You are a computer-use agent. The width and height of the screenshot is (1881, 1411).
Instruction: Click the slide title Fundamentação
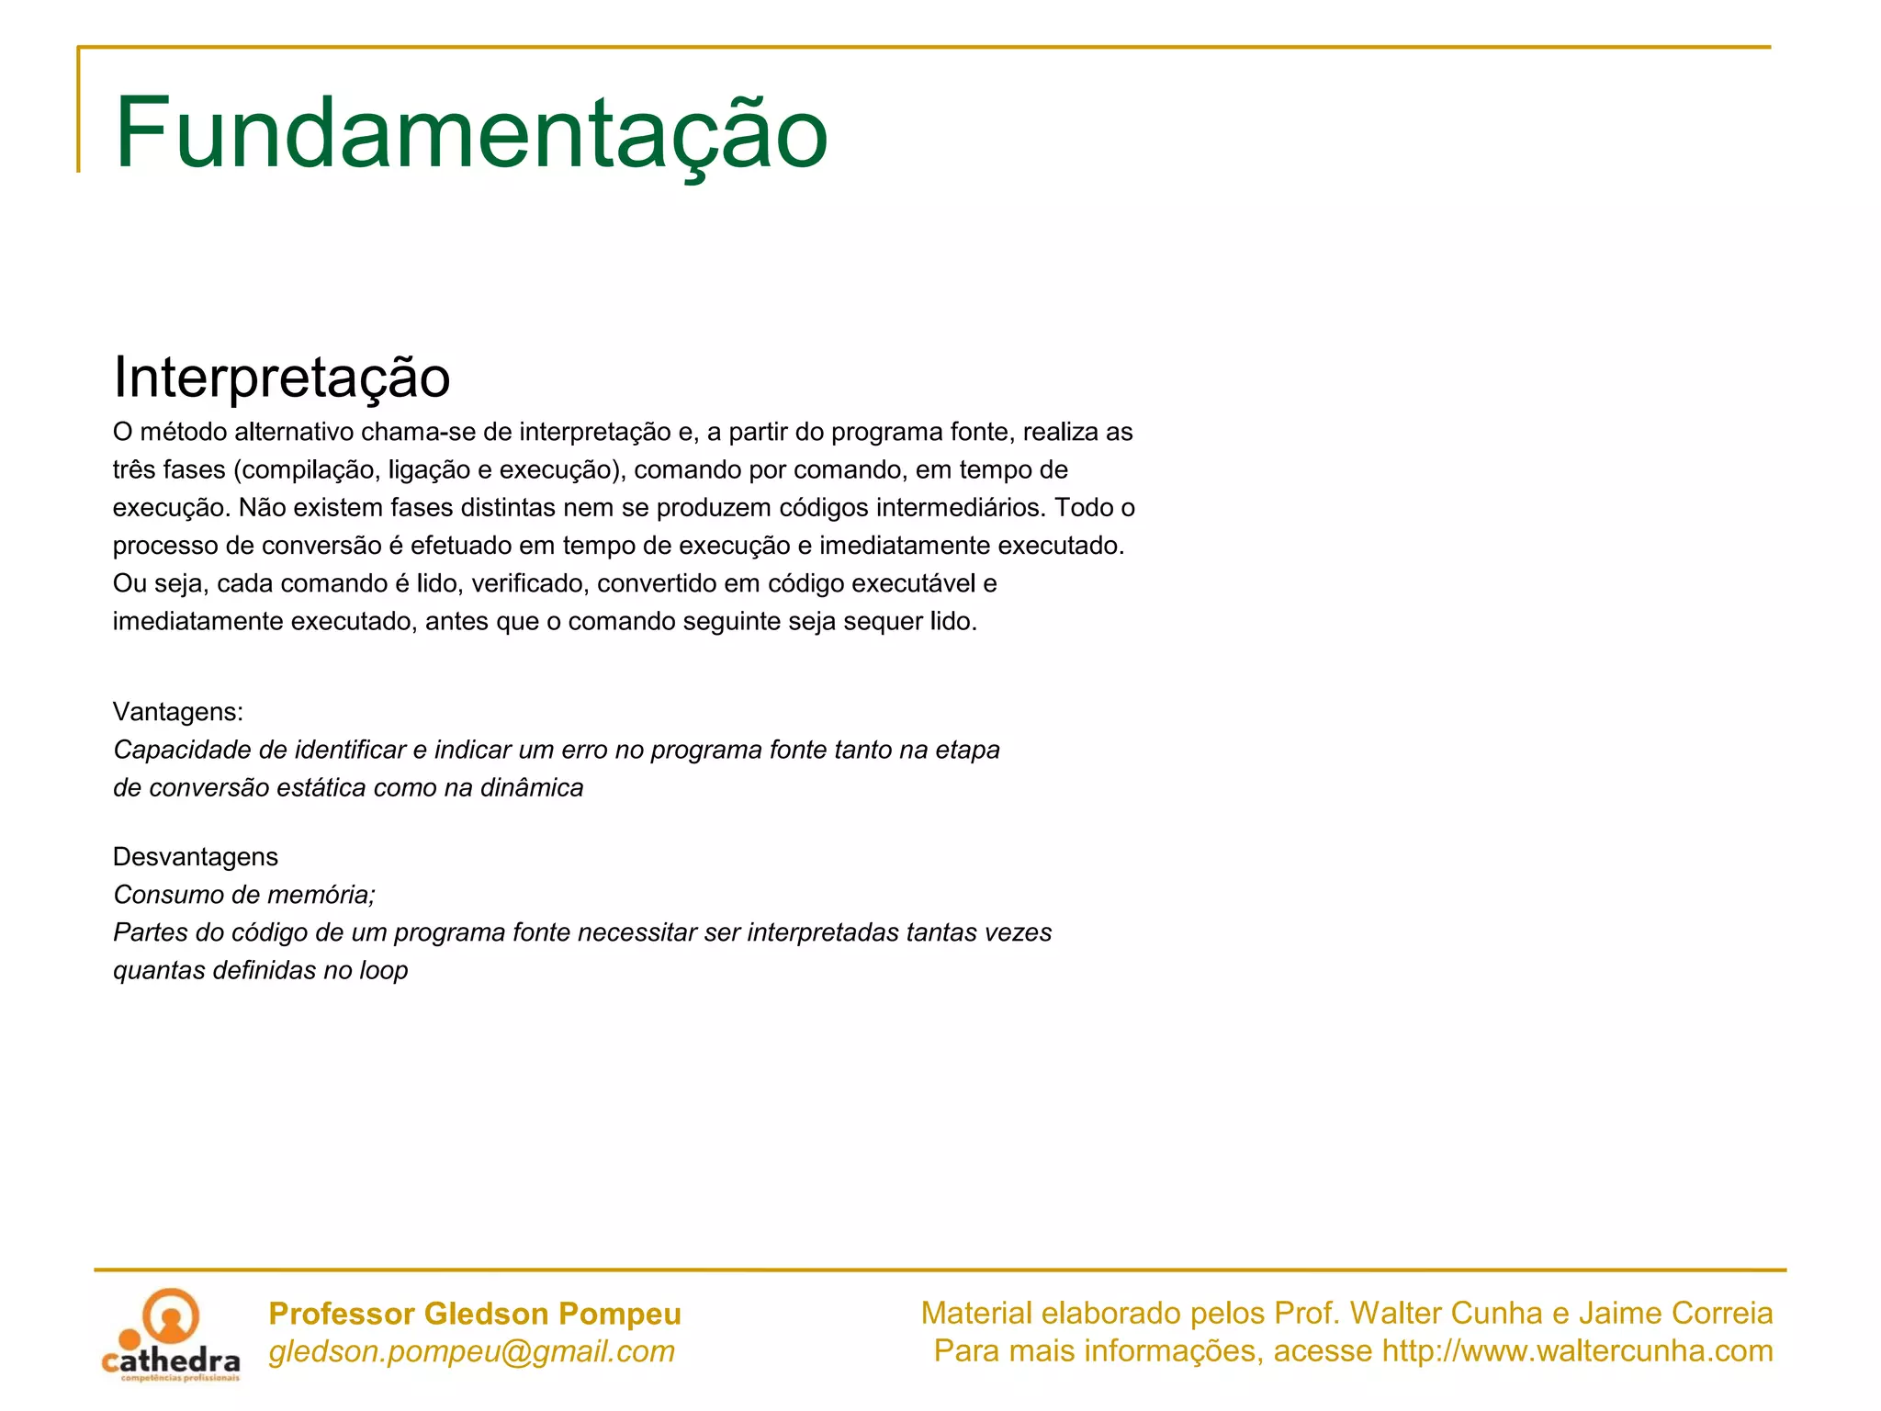[471, 133]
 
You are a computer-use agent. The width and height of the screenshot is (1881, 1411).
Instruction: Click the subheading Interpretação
[281, 377]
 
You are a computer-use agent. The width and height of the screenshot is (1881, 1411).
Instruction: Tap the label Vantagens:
[178, 712]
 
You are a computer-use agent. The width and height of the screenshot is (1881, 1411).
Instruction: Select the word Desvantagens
[195, 857]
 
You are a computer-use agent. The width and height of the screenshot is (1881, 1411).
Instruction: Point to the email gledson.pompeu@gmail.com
[471, 1351]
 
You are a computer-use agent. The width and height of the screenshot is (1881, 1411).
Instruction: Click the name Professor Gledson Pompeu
[475, 1314]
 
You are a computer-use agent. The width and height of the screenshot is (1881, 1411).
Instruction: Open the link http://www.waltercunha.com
[1577, 1351]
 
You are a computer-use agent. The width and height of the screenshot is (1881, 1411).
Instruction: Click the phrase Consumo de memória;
[244, 895]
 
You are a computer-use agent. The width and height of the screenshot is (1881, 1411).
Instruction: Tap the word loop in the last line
[383, 971]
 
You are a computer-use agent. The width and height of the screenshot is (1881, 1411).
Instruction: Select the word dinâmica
[532, 788]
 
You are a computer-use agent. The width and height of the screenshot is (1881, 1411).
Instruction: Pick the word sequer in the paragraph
[882, 622]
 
